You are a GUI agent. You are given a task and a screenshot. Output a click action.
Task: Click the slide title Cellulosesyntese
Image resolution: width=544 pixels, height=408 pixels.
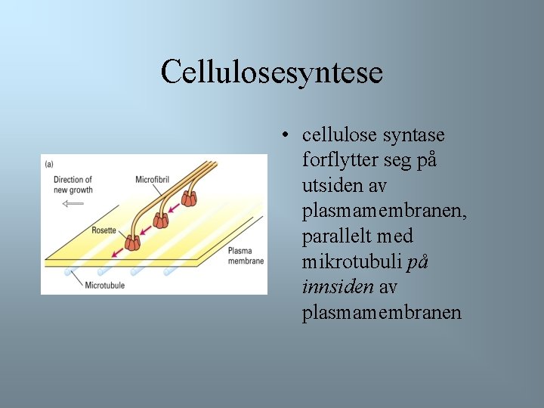coord(272,73)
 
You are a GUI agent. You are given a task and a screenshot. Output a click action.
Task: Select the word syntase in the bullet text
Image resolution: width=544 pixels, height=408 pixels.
coord(415,135)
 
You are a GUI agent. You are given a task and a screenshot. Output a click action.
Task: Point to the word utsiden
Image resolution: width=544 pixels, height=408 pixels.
coord(331,186)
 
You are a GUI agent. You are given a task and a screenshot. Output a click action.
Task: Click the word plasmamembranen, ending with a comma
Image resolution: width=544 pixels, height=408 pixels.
coord(384,212)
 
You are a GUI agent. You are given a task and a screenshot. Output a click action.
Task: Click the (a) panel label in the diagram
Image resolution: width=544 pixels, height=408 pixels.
coord(49,163)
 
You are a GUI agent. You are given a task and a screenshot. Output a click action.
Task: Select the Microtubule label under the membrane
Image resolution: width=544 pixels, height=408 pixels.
coord(104,286)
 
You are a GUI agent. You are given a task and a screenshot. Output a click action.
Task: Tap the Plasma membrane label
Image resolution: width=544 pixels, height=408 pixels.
coord(246,255)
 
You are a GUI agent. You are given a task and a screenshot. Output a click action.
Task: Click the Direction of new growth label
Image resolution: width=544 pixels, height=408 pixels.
coord(73,184)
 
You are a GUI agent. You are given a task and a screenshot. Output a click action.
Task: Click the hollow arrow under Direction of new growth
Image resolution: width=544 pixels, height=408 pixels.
coord(73,203)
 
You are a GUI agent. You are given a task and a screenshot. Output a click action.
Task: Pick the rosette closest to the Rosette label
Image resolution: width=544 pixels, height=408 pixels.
coord(133,242)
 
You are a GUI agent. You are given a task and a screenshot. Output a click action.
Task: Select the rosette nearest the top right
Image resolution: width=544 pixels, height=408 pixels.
coord(189,199)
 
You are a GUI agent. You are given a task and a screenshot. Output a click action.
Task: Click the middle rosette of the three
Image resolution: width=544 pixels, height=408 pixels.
coord(161,221)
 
